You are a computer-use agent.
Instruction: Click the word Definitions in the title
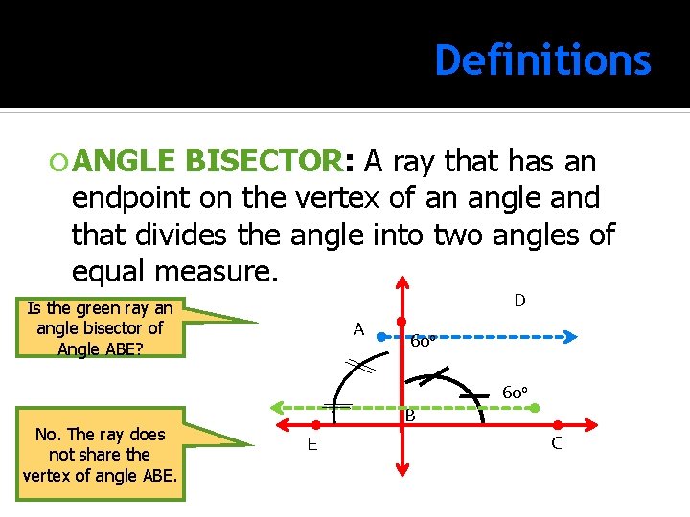pyautogui.click(x=542, y=60)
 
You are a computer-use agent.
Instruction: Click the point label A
pyautogui.click(x=358, y=329)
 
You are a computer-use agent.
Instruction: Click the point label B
pyautogui.click(x=410, y=416)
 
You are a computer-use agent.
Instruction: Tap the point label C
pyautogui.click(x=556, y=443)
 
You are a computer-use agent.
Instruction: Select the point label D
pyautogui.click(x=519, y=301)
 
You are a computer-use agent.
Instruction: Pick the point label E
pyautogui.click(x=312, y=444)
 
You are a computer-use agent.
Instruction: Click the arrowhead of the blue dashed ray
pyautogui.click(x=569, y=337)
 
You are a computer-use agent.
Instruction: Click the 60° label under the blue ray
pyautogui.click(x=424, y=342)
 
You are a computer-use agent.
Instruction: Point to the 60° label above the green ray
pyautogui.click(x=516, y=393)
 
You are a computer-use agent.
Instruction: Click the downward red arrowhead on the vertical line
pyautogui.click(x=402, y=472)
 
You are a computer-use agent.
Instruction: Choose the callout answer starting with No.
pyautogui.click(x=101, y=455)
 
